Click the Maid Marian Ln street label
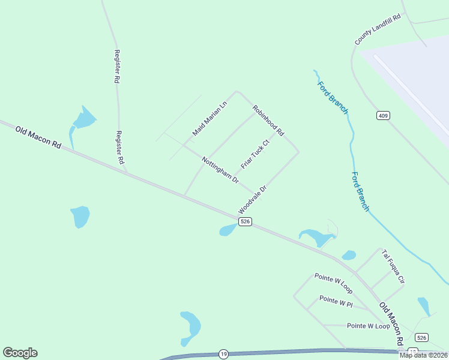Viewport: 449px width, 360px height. (210, 117)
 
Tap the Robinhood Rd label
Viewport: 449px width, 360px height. (268, 120)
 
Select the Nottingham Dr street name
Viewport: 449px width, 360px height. (220, 170)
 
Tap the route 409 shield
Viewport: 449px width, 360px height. (383, 115)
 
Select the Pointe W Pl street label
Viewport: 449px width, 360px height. (336, 301)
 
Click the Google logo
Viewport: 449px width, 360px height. (20, 353)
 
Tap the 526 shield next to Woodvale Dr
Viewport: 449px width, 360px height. (244, 222)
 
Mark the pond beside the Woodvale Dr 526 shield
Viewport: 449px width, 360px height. (228, 230)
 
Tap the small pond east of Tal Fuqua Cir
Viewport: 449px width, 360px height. (424, 306)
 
